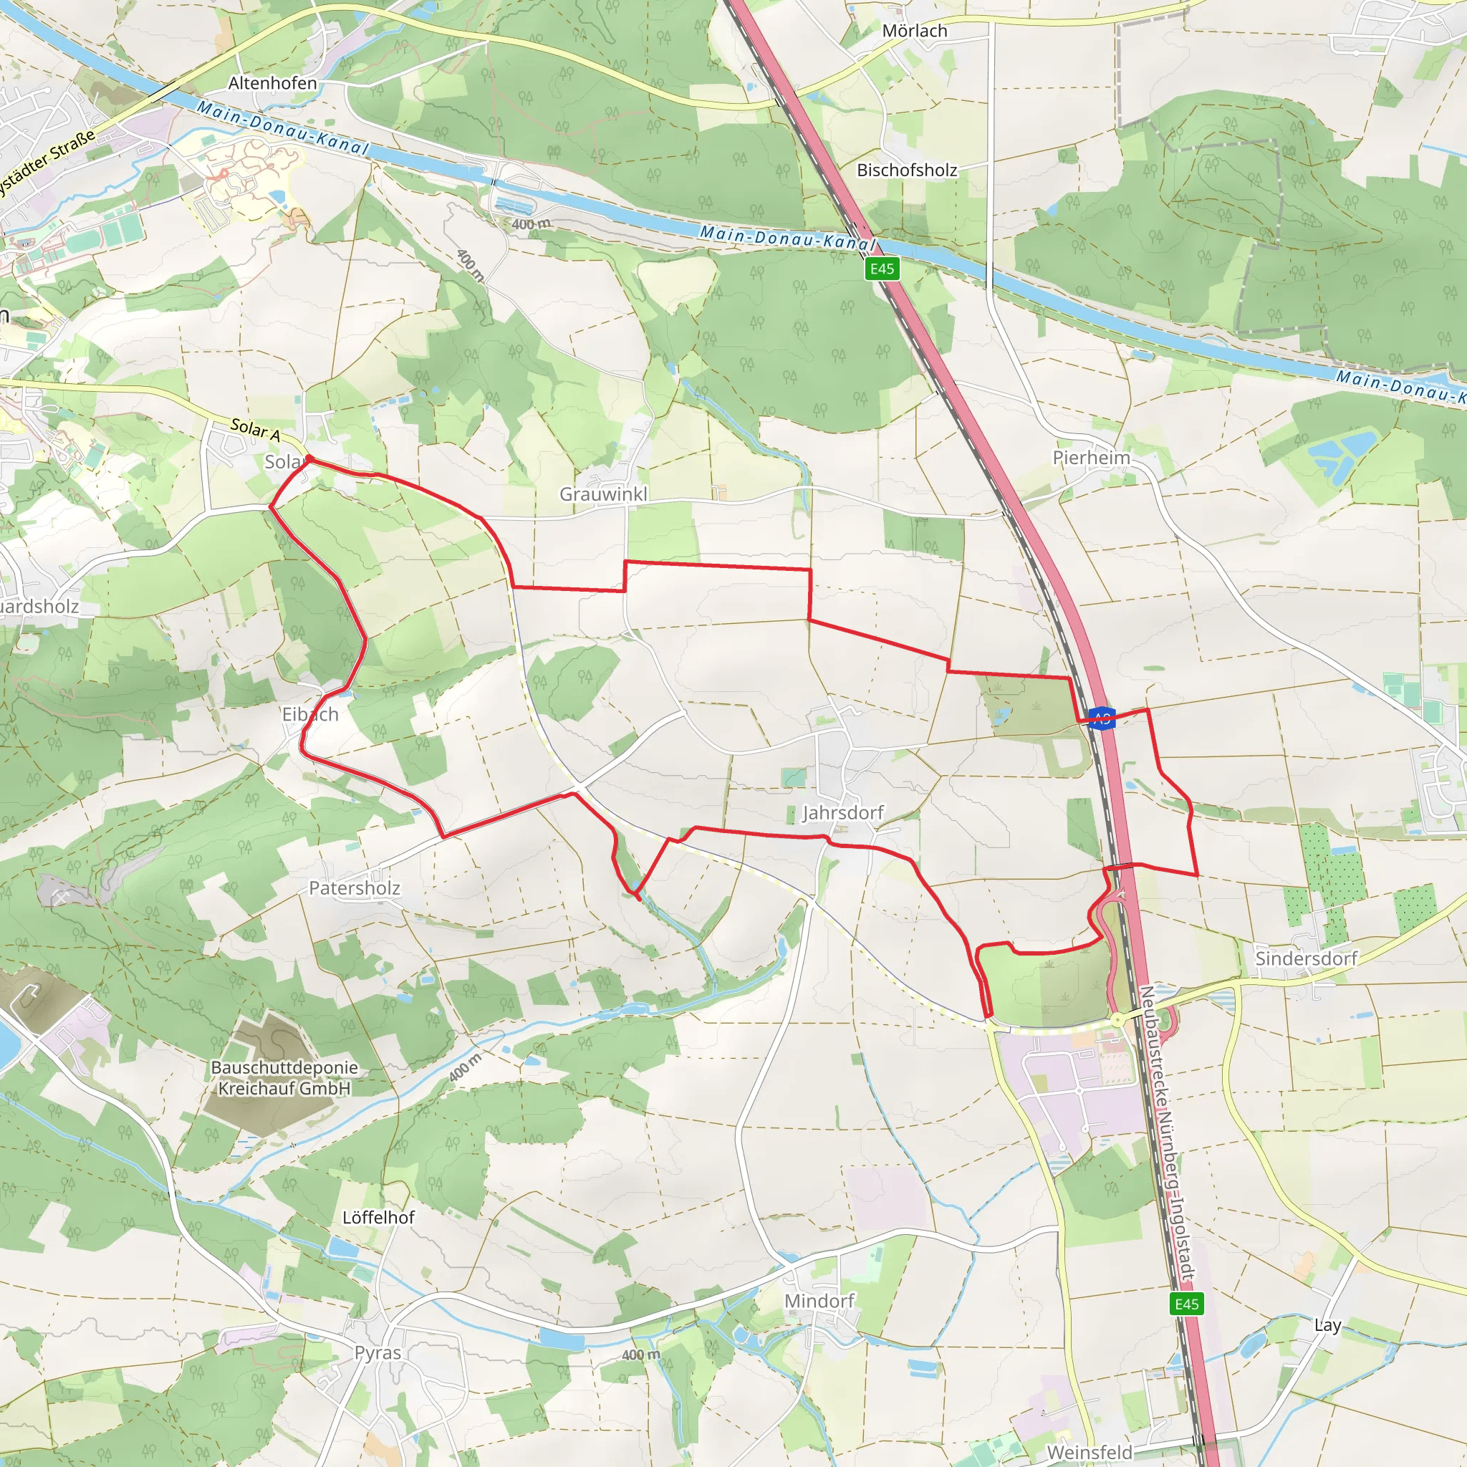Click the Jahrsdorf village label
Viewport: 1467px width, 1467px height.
point(843,812)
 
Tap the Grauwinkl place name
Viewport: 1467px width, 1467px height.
point(604,494)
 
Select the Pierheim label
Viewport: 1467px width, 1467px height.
point(1091,458)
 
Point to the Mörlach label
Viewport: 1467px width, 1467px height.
point(914,31)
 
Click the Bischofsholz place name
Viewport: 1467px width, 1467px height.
point(907,170)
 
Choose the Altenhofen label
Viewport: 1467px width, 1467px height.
point(273,84)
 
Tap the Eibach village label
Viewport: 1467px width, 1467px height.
point(309,714)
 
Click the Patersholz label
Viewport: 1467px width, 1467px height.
point(354,888)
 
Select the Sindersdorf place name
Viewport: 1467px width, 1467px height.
point(1305,958)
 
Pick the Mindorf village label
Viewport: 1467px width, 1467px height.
point(819,1301)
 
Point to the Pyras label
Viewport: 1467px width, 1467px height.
point(377,1352)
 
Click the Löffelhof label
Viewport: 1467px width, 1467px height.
point(378,1217)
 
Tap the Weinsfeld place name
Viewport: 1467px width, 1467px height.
point(1089,1452)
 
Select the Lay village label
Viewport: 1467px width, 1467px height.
point(1327,1325)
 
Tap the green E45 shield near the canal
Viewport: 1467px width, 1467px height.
point(882,269)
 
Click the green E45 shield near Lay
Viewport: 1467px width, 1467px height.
point(1186,1304)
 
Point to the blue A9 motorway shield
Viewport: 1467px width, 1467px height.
point(1101,718)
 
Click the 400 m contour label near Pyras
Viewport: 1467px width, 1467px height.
point(641,1355)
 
